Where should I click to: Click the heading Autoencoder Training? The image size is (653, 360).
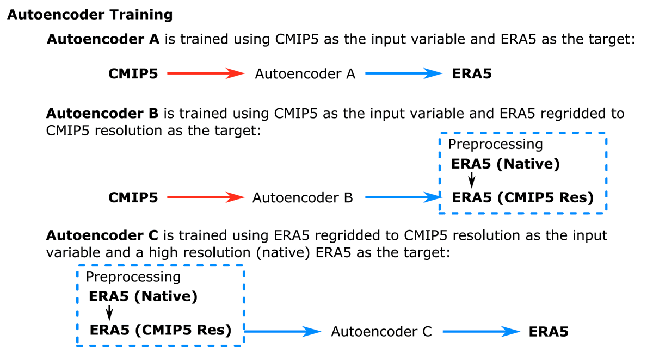point(90,15)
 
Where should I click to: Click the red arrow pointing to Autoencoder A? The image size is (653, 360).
point(206,73)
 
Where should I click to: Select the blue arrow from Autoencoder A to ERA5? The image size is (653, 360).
point(404,73)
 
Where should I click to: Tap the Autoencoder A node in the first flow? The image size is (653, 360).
point(305,74)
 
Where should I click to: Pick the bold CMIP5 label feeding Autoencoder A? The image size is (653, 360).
point(133,74)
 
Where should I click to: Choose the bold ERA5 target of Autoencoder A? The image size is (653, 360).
point(472,74)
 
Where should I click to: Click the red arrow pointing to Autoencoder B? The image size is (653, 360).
point(206,197)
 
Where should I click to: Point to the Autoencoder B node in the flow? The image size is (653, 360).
point(303,198)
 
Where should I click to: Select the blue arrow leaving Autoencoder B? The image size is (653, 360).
point(404,197)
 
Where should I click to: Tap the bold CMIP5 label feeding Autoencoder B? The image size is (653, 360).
point(133,197)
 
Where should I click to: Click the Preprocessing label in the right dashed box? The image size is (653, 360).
point(495,145)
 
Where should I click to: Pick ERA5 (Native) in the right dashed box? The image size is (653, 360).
point(506,164)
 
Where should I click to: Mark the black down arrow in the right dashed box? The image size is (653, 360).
point(471,180)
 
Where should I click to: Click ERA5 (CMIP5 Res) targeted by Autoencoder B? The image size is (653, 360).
point(523,198)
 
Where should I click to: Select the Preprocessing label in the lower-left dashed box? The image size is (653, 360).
point(133,277)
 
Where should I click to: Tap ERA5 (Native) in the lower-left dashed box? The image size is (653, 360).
point(143,296)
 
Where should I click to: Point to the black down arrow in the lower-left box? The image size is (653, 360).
point(109,313)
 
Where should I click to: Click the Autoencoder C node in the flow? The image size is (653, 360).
point(381,332)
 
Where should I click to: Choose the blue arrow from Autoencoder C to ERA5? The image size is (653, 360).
point(481,332)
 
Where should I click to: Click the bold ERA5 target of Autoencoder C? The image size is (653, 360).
point(549,332)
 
